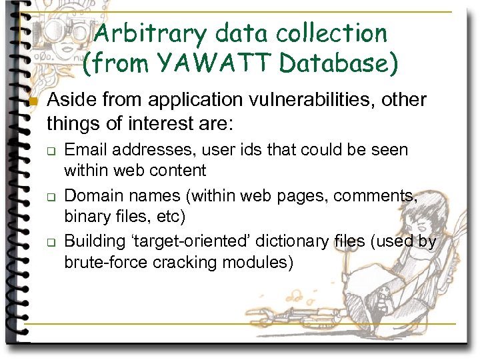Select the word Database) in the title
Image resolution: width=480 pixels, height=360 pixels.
click(339, 63)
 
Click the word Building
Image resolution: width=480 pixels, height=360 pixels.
click(93, 241)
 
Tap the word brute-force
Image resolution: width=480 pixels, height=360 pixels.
click(106, 262)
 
